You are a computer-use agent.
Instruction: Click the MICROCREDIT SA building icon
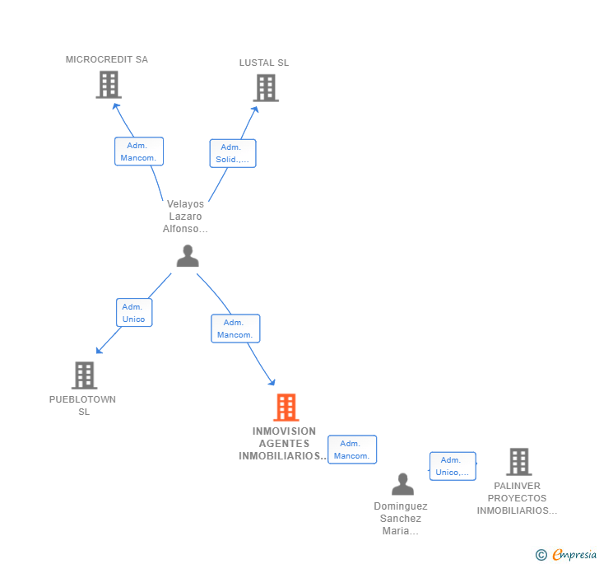click(x=109, y=85)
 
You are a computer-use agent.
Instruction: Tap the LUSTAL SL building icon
click(x=266, y=88)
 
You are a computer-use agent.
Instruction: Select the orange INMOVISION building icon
click(x=286, y=408)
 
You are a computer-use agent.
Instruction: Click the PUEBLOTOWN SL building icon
click(x=85, y=375)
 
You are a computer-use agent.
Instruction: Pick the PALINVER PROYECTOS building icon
click(x=519, y=462)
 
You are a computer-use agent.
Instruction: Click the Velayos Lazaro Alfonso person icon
click(x=188, y=256)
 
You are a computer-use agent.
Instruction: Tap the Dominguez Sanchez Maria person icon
click(x=402, y=483)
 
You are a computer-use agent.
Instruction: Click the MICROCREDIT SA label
click(x=107, y=59)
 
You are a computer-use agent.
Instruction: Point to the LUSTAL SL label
click(x=264, y=63)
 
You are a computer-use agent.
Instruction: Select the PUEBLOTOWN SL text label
click(x=82, y=405)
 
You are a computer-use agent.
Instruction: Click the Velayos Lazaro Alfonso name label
click(x=185, y=216)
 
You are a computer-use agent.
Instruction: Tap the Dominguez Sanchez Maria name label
click(x=401, y=518)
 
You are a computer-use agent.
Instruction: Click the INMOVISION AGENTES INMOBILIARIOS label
click(x=283, y=444)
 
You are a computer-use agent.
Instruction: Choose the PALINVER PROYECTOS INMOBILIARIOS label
click(x=517, y=498)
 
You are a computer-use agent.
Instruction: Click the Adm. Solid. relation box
click(x=233, y=153)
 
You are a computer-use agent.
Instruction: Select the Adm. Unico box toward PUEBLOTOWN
click(x=134, y=313)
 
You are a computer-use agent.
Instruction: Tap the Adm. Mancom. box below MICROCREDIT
click(x=139, y=151)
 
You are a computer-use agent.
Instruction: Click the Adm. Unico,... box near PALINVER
click(x=453, y=466)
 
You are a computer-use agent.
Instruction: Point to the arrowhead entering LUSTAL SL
click(x=255, y=110)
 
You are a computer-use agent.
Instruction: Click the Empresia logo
click(x=566, y=554)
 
